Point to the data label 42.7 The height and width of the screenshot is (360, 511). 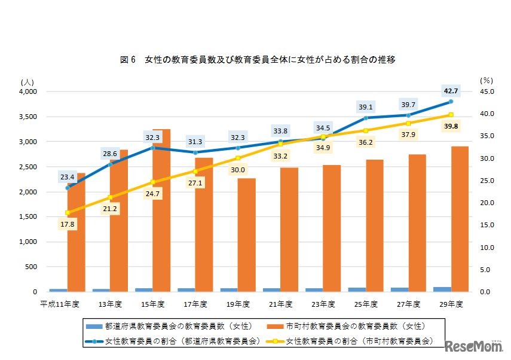(451, 91)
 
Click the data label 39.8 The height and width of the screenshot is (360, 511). (451, 126)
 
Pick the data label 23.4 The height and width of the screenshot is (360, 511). (68, 177)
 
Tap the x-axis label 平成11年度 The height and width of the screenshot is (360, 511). (59, 304)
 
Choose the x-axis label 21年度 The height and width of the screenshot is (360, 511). (280, 304)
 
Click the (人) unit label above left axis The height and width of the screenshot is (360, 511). (28, 81)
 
